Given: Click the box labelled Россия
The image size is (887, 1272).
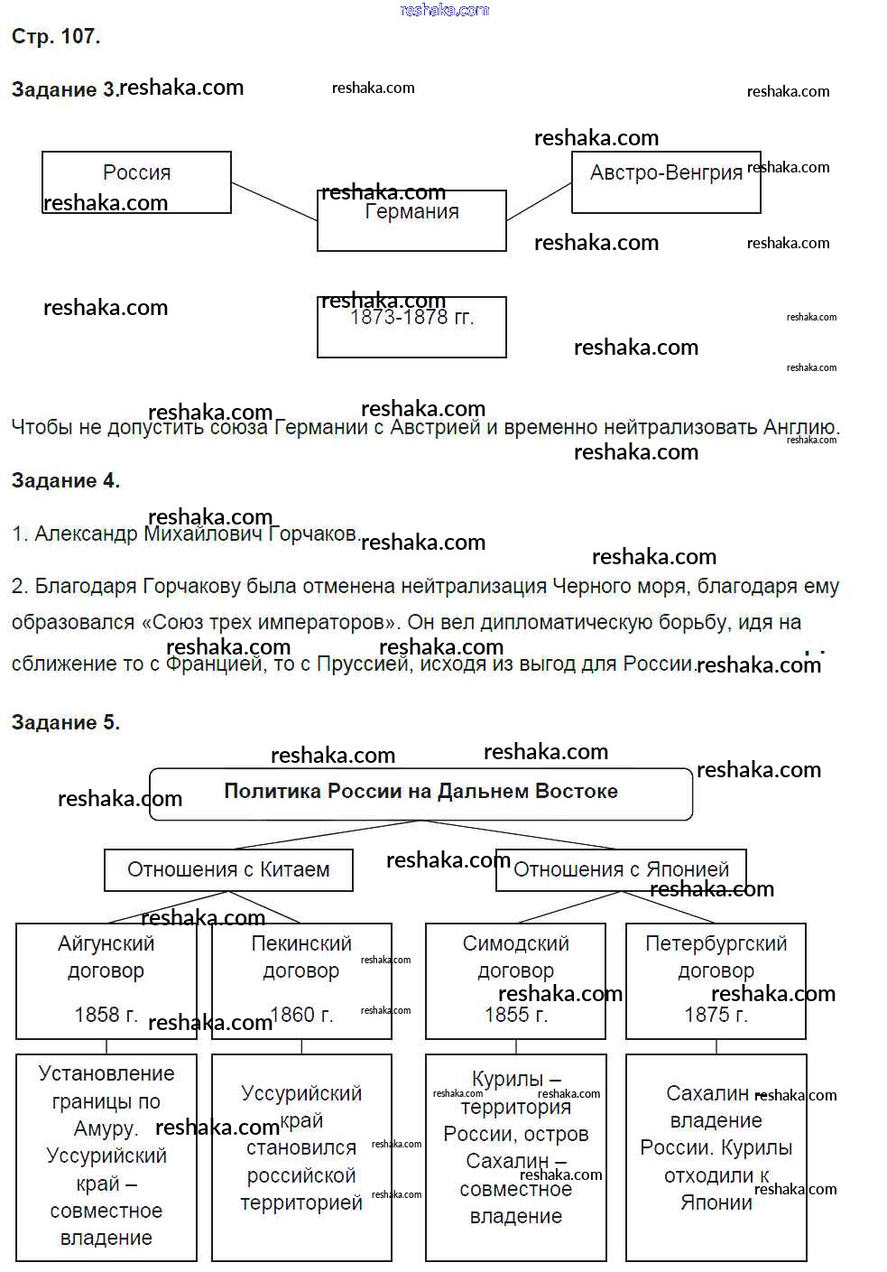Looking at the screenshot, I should [x=136, y=181].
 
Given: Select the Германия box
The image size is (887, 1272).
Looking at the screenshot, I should [x=411, y=220].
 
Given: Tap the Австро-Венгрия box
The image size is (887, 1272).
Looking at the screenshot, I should [x=666, y=182].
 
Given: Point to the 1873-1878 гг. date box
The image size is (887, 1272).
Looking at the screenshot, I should [x=411, y=327].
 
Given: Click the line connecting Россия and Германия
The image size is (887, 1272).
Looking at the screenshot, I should [x=273, y=201].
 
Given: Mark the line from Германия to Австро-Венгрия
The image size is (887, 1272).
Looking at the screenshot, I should [x=539, y=201].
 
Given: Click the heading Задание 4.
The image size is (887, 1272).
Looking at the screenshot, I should [x=66, y=480].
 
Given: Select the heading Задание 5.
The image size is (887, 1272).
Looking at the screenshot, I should [x=66, y=722].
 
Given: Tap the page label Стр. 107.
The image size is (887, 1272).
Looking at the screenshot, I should [x=56, y=37].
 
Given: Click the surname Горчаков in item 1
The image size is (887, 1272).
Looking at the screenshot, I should [x=313, y=534].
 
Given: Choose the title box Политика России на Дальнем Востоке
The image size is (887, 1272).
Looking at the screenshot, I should [x=420, y=793].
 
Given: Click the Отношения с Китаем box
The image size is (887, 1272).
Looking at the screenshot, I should [x=228, y=870].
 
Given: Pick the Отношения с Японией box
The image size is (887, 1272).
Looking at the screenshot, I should [x=621, y=870].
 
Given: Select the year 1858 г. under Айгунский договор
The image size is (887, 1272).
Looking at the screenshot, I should [x=106, y=1015].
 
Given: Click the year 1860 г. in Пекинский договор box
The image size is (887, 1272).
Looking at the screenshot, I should [x=301, y=1015].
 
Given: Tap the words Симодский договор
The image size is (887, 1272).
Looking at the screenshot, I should [x=515, y=957].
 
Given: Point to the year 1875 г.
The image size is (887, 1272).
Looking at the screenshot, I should [x=716, y=1015].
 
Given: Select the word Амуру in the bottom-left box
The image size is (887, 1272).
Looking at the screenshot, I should [x=105, y=1128].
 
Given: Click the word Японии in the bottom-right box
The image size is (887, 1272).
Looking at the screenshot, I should [x=716, y=1202].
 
